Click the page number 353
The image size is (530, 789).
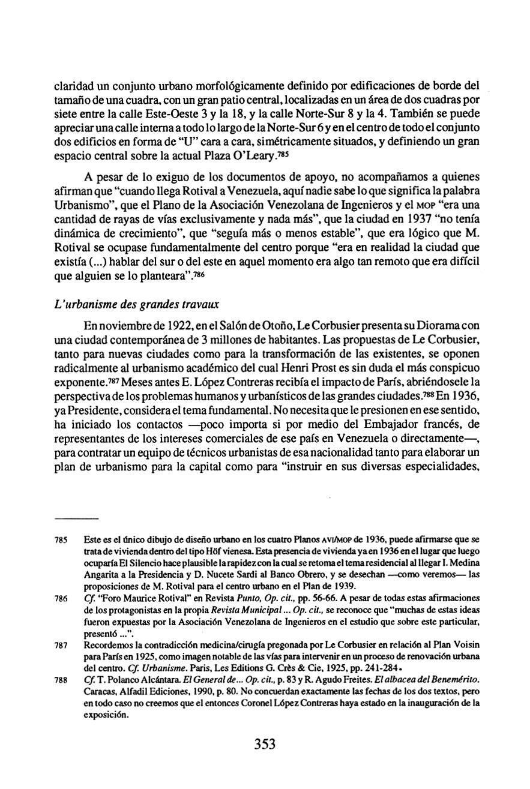pos(264,745)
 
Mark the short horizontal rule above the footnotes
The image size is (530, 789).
pos(76,517)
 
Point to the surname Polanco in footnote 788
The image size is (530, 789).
pos(113,682)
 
